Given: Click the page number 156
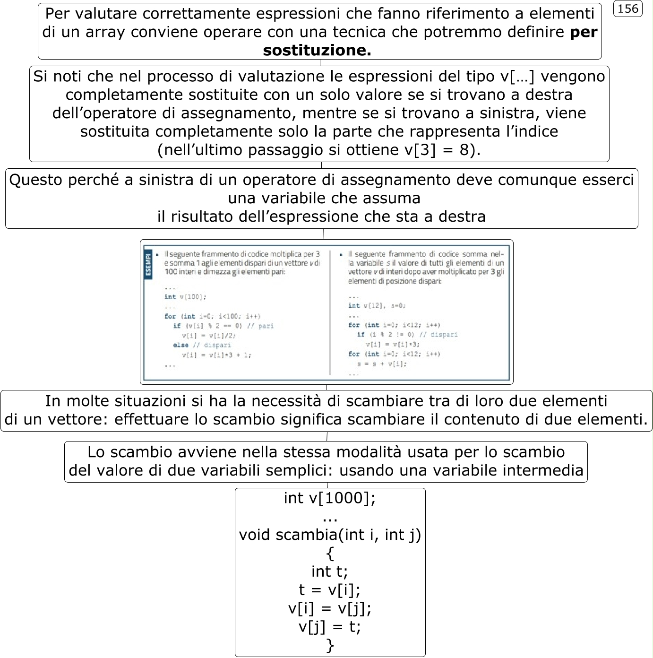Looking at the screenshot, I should click(627, 9).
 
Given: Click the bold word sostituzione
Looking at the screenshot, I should click(317, 50).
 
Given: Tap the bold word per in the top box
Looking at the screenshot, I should click(584, 32).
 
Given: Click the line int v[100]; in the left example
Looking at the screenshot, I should click(185, 297).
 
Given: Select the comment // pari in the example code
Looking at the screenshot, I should click(260, 326).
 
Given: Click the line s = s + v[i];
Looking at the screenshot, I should click(382, 364).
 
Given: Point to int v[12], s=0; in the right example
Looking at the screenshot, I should click(377, 306).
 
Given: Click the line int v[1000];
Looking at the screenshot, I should click(330, 498).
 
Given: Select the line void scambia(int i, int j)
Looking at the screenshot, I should click(330, 535).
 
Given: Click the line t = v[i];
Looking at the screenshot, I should click(330, 589).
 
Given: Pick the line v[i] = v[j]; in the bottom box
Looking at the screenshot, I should click(330, 608).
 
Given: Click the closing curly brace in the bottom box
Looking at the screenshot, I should click(330, 645).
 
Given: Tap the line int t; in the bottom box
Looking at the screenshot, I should click(330, 571).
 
